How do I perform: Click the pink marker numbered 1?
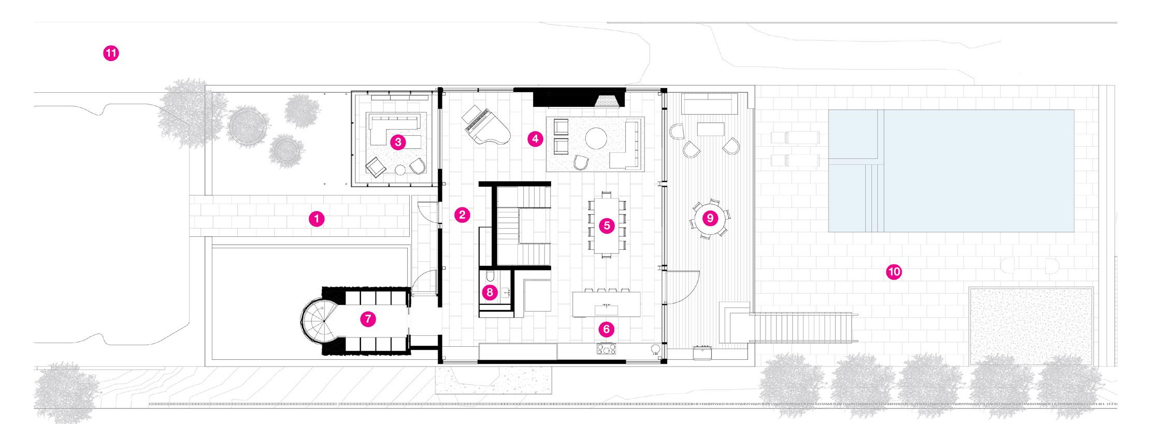click(x=316, y=219)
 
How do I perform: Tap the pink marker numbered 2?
click(x=462, y=215)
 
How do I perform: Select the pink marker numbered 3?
click(x=397, y=142)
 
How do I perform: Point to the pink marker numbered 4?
click(x=535, y=138)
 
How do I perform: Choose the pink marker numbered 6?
click(x=606, y=329)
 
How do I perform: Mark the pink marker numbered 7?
click(x=367, y=319)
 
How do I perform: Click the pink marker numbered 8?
click(x=489, y=292)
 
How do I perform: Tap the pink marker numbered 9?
click(x=710, y=218)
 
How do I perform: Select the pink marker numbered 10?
click(x=894, y=271)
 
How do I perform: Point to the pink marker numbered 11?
click(x=111, y=53)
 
